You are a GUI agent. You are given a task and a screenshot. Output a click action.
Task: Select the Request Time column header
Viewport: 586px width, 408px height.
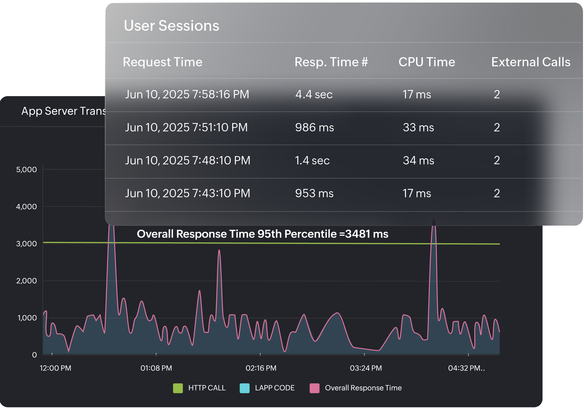(162, 62)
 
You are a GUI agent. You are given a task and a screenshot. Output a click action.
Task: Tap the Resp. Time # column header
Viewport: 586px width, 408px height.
(331, 62)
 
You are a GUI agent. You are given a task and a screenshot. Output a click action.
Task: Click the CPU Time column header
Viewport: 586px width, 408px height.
(427, 62)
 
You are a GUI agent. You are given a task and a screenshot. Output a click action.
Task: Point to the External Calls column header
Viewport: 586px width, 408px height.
(531, 62)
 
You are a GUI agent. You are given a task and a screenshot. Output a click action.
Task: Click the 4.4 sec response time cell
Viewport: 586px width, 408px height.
(314, 94)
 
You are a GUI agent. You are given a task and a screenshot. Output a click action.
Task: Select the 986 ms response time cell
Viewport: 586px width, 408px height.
(314, 127)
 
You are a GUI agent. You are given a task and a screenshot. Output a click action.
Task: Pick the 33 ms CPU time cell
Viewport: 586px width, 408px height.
(418, 127)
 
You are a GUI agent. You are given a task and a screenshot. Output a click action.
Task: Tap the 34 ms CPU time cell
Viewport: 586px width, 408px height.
(418, 160)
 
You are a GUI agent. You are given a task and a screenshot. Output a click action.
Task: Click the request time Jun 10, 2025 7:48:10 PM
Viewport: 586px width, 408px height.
(188, 160)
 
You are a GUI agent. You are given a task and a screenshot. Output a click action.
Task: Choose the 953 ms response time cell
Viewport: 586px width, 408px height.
(314, 193)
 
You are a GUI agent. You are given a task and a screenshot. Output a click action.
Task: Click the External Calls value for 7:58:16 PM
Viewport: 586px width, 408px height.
(496, 94)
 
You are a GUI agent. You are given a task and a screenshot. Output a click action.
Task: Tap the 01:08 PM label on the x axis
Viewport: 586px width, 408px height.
(156, 368)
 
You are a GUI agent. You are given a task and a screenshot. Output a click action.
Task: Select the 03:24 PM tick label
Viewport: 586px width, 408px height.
(366, 368)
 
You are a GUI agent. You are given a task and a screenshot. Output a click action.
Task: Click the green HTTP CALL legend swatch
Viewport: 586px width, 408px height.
(178, 388)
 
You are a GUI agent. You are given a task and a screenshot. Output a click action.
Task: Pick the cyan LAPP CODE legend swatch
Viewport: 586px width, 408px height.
(244, 388)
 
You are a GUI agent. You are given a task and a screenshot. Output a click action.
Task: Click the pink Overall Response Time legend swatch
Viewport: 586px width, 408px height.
(314, 388)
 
